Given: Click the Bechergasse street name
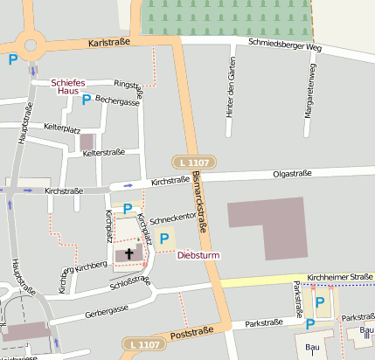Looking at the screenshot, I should click(x=117, y=101).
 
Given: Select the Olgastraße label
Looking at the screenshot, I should click(x=293, y=175).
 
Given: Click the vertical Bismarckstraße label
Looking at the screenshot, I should click(x=200, y=200).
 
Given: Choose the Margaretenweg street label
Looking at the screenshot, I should click(x=309, y=90).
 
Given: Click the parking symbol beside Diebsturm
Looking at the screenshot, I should click(x=163, y=239).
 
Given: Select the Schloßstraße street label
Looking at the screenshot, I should click(x=130, y=281).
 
